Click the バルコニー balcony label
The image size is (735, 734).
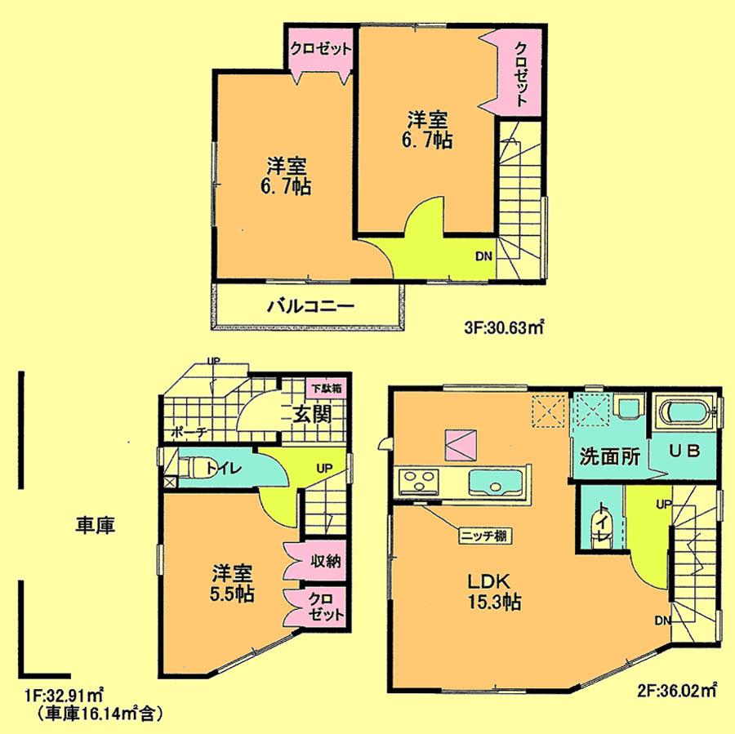pos(310,308)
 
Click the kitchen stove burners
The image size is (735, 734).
pos(419,483)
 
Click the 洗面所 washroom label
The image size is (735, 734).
pos(608,456)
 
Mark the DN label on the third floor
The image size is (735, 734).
pos(483,256)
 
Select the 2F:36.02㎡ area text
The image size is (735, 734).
pos(676,691)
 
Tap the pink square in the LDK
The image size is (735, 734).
pos(459,445)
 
